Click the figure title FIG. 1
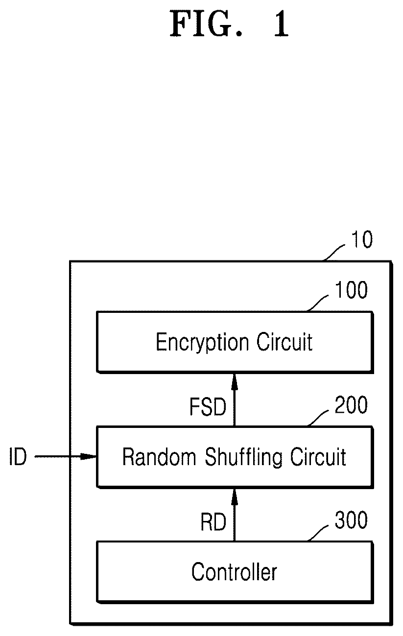pos(229,24)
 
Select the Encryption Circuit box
pos(235,342)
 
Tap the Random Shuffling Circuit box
pos(235,457)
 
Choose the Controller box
pos(235,572)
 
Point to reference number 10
pos(361,239)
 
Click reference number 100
pos(351,290)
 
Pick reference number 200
pos(351,405)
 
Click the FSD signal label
pos(208,407)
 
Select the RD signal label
pos(213,522)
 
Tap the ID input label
pos(18,456)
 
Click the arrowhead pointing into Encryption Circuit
pos(235,382)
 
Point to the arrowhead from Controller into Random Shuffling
pos(235,497)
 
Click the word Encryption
pos(202,343)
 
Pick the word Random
pos(159,456)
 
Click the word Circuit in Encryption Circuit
pos(284,342)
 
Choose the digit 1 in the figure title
pos(281,24)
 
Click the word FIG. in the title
pos(206,24)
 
